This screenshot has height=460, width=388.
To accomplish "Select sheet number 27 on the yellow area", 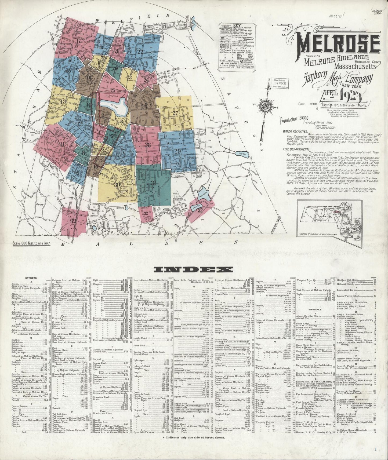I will [x=175, y=113].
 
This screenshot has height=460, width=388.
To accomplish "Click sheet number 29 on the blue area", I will [x=177, y=151].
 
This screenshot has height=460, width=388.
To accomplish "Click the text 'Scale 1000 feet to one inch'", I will [x=35, y=244].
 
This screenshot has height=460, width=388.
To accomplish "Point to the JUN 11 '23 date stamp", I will [x=335, y=16].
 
